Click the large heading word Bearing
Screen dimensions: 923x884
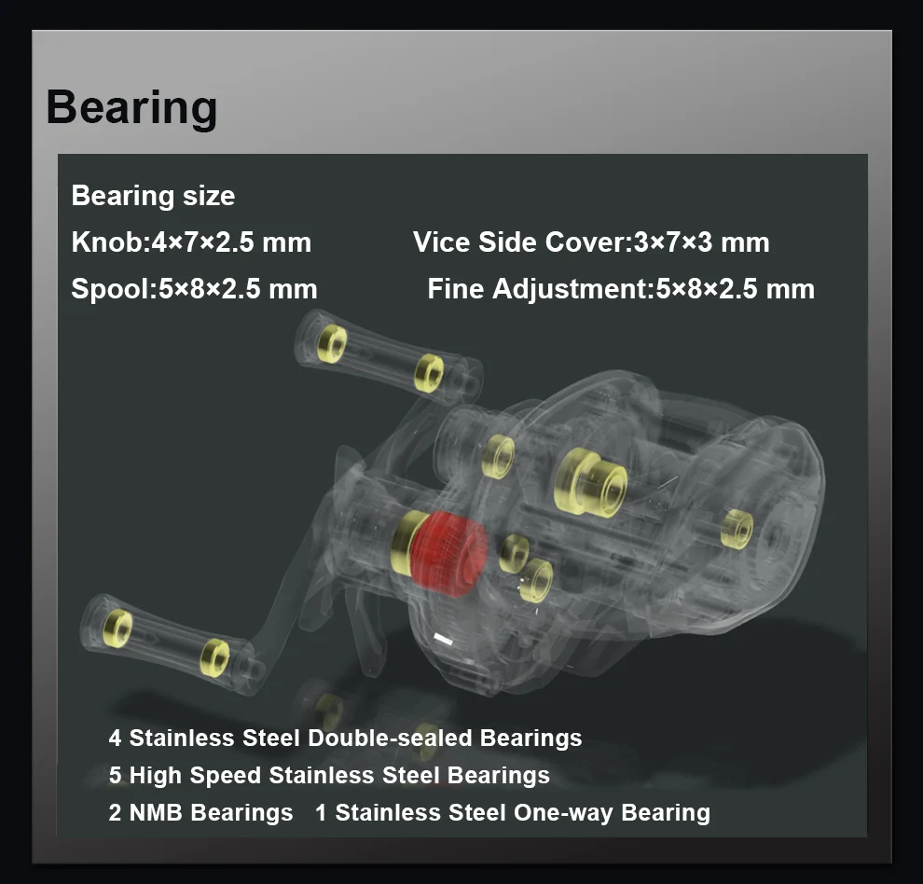click(131, 108)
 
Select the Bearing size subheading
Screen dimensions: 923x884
click(153, 196)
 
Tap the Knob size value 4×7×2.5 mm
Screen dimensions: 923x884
click(231, 242)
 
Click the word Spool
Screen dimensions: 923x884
click(111, 289)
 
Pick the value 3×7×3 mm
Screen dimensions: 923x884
click(700, 242)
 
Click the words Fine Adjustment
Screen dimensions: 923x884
click(537, 289)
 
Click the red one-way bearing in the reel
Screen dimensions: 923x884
click(448, 552)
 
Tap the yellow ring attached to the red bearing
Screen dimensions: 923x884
click(406, 542)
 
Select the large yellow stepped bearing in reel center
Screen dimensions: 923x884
click(590, 483)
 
